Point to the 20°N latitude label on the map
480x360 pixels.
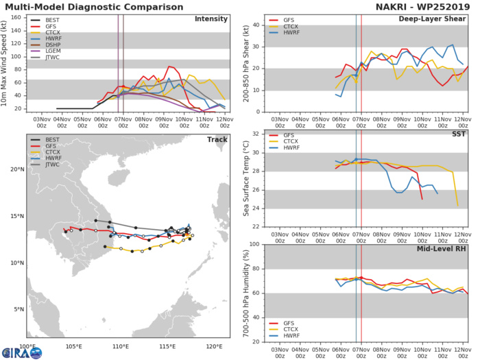coord(16,169)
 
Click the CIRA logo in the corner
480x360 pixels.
coord(21,351)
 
